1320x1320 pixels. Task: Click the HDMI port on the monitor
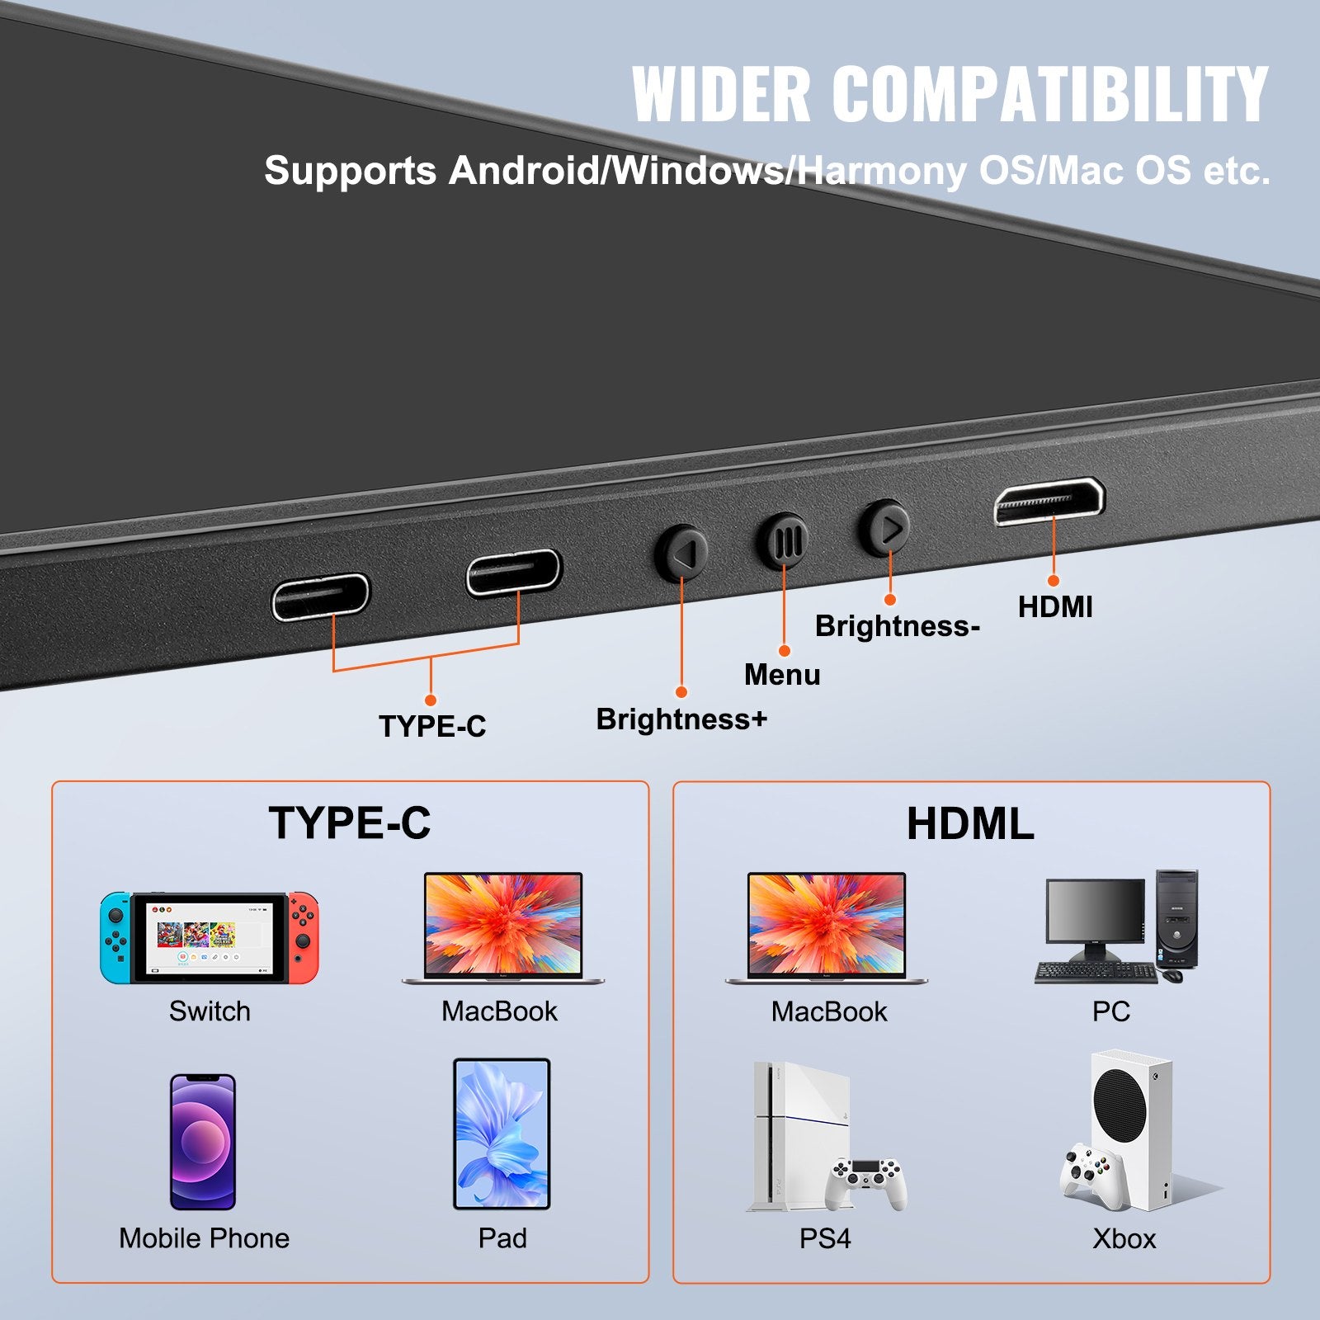tap(1049, 501)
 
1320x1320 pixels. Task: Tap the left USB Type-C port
tap(321, 596)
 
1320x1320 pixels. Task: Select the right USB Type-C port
tap(513, 572)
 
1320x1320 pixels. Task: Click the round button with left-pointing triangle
tap(681, 552)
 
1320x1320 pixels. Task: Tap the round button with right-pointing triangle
tap(886, 528)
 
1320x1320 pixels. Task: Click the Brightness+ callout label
tap(681, 719)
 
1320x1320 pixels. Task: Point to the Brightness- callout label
tap(897, 626)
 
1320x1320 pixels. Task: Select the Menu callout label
tap(782, 675)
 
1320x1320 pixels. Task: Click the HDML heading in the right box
tap(970, 824)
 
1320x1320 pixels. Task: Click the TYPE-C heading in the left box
tap(350, 823)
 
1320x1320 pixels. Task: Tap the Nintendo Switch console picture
tap(210, 938)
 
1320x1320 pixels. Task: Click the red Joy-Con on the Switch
tap(303, 937)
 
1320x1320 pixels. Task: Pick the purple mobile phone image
tap(203, 1142)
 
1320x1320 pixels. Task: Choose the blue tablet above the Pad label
tap(502, 1134)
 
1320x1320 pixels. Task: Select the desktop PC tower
tap(1176, 918)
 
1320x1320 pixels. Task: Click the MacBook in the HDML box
tap(827, 929)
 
